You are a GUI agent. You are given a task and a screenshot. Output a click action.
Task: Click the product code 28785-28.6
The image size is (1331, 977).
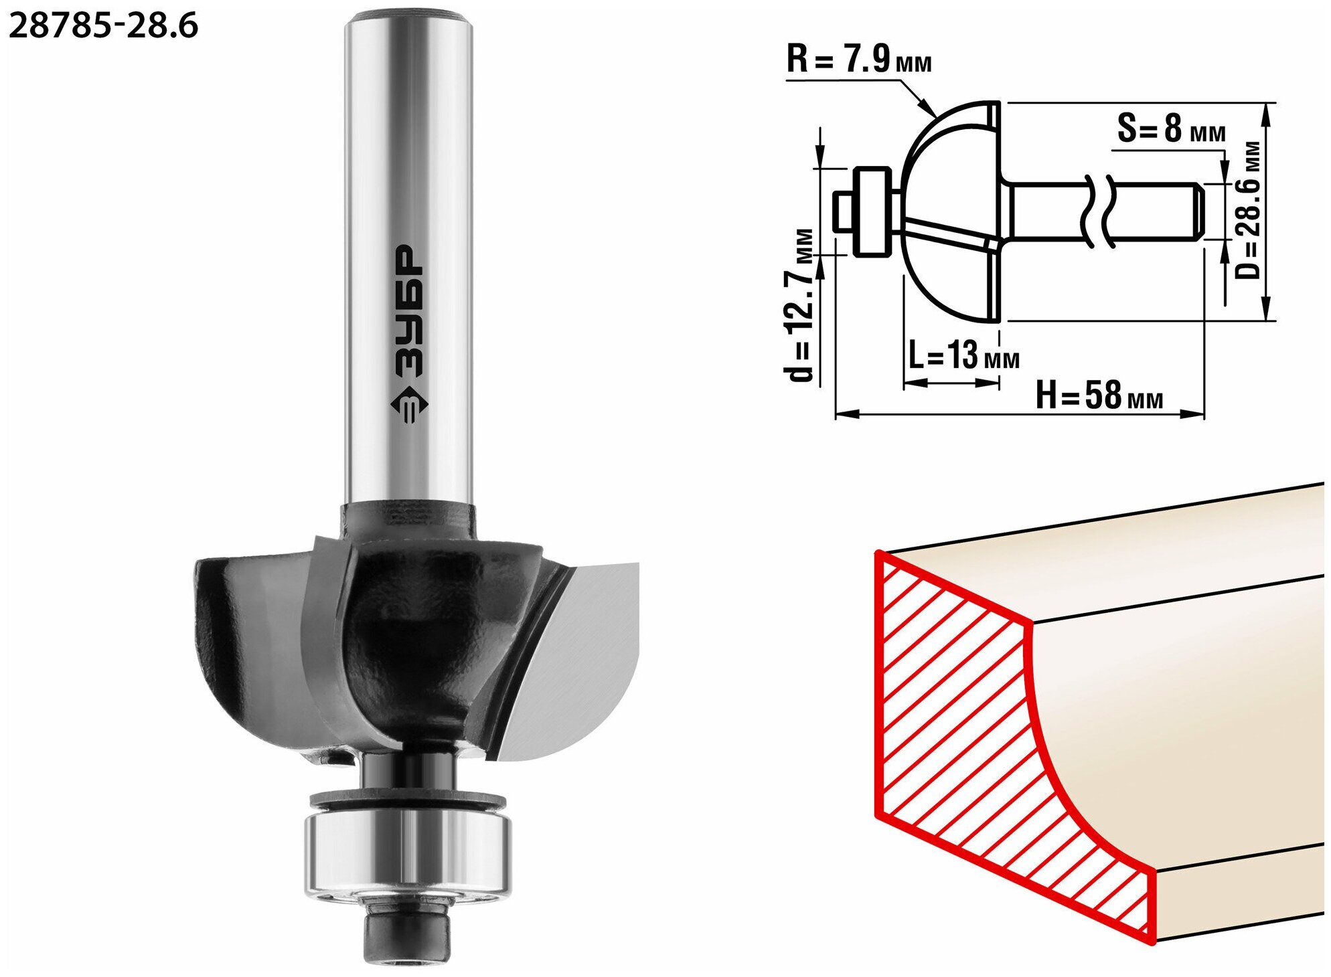(104, 25)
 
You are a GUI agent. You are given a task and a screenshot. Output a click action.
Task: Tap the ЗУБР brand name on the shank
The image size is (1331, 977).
(408, 312)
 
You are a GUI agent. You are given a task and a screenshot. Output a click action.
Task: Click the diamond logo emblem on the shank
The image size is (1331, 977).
(408, 406)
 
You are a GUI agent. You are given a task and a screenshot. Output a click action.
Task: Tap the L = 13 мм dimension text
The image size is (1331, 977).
(963, 355)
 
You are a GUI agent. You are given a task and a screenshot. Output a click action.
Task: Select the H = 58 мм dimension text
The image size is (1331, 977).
(1099, 395)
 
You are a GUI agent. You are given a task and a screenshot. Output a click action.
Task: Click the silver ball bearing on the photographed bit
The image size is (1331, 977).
(408, 853)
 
